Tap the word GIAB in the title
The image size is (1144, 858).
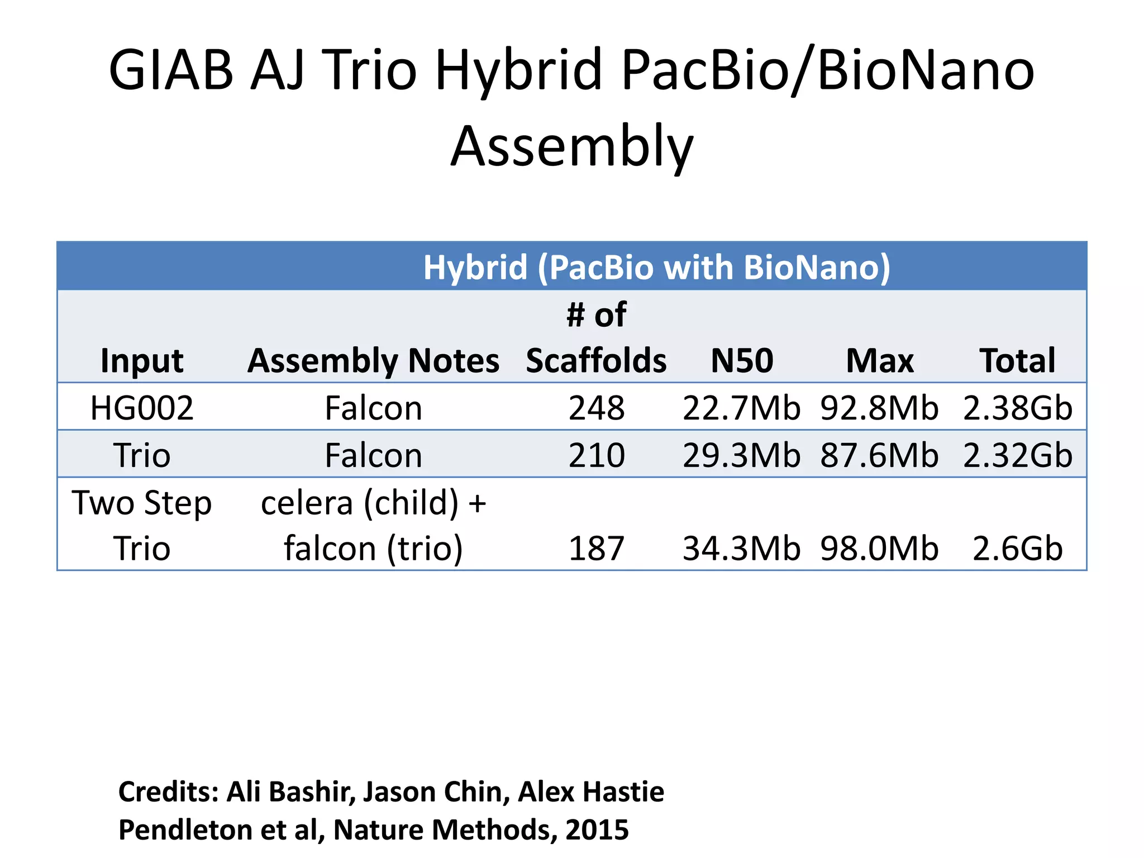(x=170, y=71)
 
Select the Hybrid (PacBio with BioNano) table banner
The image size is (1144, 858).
(x=656, y=267)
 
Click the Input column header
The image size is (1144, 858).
(x=142, y=361)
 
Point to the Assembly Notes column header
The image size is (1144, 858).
(x=373, y=361)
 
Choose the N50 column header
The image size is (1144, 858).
(x=742, y=361)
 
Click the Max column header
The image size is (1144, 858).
(x=880, y=361)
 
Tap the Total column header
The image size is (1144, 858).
(x=1017, y=361)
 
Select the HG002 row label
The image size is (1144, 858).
(x=142, y=408)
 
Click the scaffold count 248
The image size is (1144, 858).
(x=596, y=408)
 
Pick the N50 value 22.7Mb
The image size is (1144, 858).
(x=742, y=408)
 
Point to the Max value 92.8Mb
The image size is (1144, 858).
(x=880, y=408)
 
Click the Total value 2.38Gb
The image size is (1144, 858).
(x=1017, y=408)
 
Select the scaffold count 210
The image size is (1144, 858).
(x=596, y=455)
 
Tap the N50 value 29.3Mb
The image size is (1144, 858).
(x=742, y=455)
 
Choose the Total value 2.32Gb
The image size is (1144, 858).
(x=1017, y=455)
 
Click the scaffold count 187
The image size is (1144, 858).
(x=596, y=549)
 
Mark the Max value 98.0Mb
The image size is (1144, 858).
(x=880, y=549)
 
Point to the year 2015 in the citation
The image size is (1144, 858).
(x=597, y=830)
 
